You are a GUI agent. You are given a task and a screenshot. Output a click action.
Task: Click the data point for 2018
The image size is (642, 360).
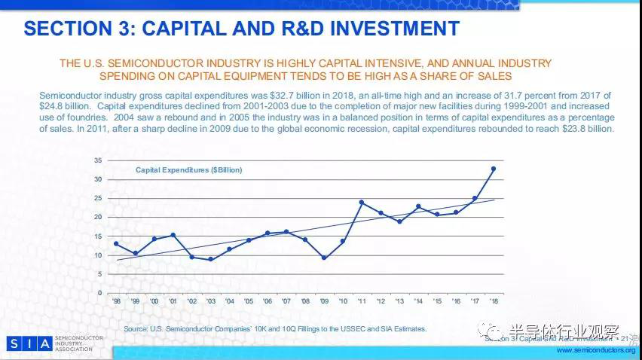[494, 169]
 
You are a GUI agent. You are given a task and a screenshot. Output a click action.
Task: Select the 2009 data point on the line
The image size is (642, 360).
[323, 258]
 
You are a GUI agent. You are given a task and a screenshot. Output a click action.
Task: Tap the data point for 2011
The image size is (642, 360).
[362, 202]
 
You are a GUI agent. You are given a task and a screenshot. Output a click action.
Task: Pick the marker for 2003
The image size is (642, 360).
[210, 259]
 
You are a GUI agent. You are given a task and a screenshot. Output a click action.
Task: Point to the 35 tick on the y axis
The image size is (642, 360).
[98, 160]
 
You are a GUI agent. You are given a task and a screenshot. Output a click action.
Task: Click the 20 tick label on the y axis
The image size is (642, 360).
[98, 217]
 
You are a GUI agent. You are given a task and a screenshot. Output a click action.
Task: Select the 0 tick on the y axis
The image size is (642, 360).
[99, 293]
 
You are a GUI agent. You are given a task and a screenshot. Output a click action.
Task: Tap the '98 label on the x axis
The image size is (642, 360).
[116, 301]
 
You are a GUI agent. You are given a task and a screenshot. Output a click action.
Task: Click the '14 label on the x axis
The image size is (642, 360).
[418, 301]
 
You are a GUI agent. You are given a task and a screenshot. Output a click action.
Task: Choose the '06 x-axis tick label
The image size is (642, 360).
[267, 301]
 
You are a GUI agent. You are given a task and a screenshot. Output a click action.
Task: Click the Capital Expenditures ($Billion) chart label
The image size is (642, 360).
[188, 171]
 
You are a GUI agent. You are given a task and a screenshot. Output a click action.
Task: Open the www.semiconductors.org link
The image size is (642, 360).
[595, 351]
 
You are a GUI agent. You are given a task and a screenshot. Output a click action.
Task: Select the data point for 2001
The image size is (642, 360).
[173, 235]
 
